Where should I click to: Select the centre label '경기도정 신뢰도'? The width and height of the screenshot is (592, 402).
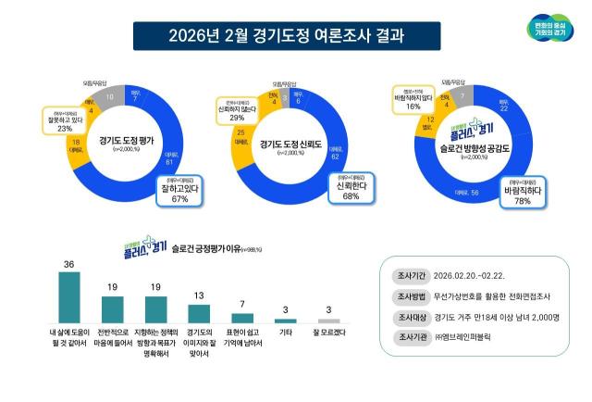296,144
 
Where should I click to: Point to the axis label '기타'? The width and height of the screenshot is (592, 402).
287,330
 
